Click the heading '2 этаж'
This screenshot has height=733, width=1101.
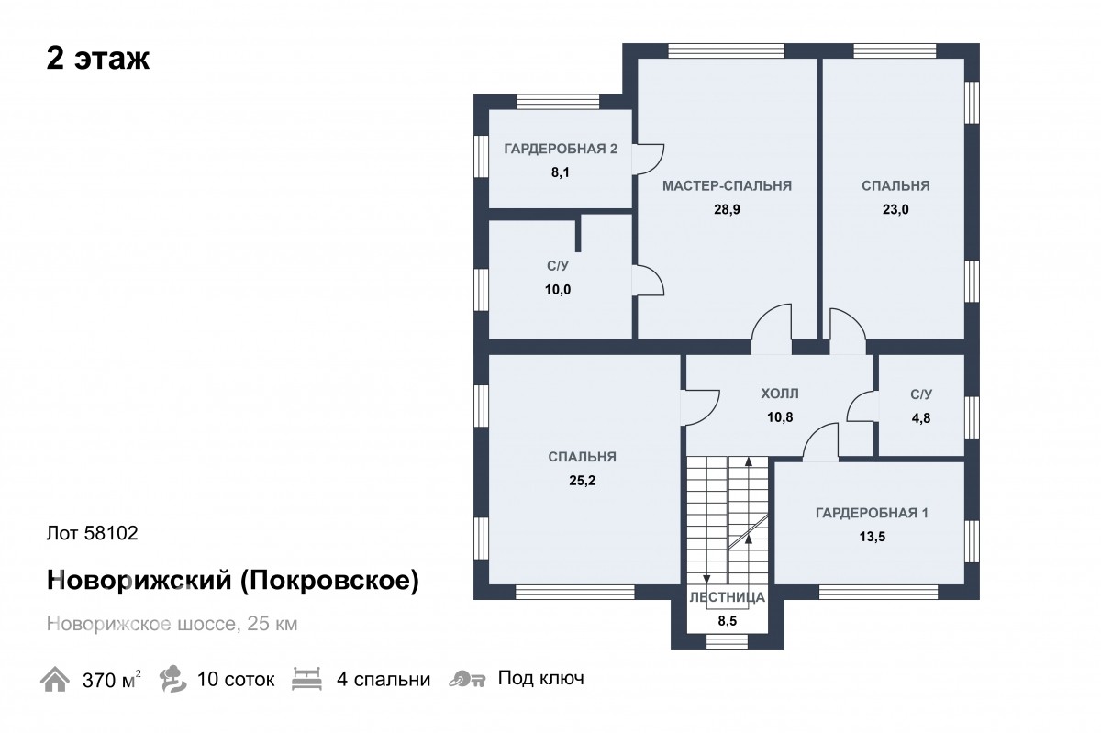click(x=98, y=59)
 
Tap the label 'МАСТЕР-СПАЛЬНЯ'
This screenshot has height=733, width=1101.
click(x=727, y=186)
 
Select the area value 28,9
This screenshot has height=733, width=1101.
click(x=727, y=209)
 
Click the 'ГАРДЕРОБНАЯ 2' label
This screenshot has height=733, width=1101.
click(x=561, y=149)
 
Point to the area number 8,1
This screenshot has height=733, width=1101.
click(x=561, y=172)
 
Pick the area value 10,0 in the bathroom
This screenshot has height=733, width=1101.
click(x=558, y=290)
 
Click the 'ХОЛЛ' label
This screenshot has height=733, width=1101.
click(x=780, y=394)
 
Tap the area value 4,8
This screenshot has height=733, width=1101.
click(x=921, y=417)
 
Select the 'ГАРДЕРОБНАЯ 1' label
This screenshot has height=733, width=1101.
click(x=872, y=513)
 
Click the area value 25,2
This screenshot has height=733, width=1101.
click(x=583, y=481)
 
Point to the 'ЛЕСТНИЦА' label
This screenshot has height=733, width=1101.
click(x=727, y=597)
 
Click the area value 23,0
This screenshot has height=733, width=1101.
click(x=895, y=209)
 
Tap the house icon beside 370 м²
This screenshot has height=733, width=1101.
click(x=54, y=679)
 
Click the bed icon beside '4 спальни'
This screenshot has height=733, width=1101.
click(x=306, y=679)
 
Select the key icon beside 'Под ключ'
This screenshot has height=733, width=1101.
click(x=467, y=679)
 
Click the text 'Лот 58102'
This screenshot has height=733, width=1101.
click(x=93, y=533)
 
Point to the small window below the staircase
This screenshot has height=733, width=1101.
click(x=727, y=641)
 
